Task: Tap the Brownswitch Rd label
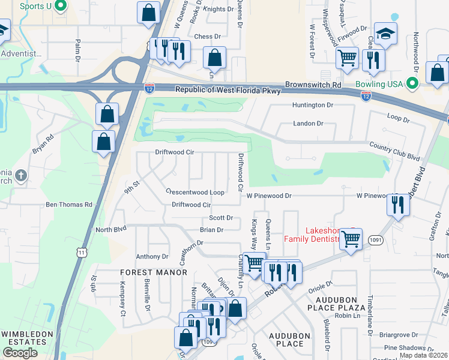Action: (313, 85)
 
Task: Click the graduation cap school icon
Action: (385, 34)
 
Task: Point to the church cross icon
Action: (20, 176)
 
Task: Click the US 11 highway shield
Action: (82, 253)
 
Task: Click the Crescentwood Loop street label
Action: (195, 192)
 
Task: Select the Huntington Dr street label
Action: (313, 105)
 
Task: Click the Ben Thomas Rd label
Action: (70, 205)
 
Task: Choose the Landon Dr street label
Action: (308, 123)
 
